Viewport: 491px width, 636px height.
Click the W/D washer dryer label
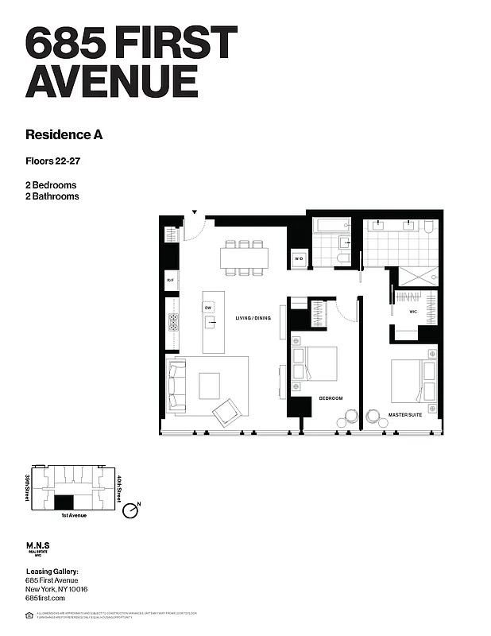tap(300, 258)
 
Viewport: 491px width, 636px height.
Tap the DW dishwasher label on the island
tap(208, 307)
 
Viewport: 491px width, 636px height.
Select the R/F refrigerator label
tap(170, 280)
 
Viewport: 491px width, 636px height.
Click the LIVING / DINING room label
tap(253, 318)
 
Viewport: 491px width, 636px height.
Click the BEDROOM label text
tap(331, 397)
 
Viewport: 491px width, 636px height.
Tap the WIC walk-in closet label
tap(413, 312)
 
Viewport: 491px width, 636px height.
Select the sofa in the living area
tap(177, 386)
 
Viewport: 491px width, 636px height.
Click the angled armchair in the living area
tap(227, 412)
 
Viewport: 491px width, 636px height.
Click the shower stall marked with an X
tap(418, 276)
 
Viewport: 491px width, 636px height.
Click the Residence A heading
tap(64, 134)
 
